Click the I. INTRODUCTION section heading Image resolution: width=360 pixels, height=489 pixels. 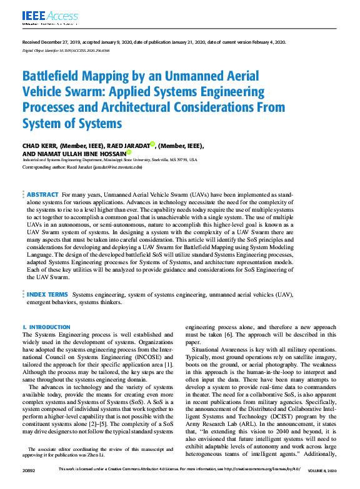46,327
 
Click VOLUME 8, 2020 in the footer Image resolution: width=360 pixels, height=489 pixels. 321,485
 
